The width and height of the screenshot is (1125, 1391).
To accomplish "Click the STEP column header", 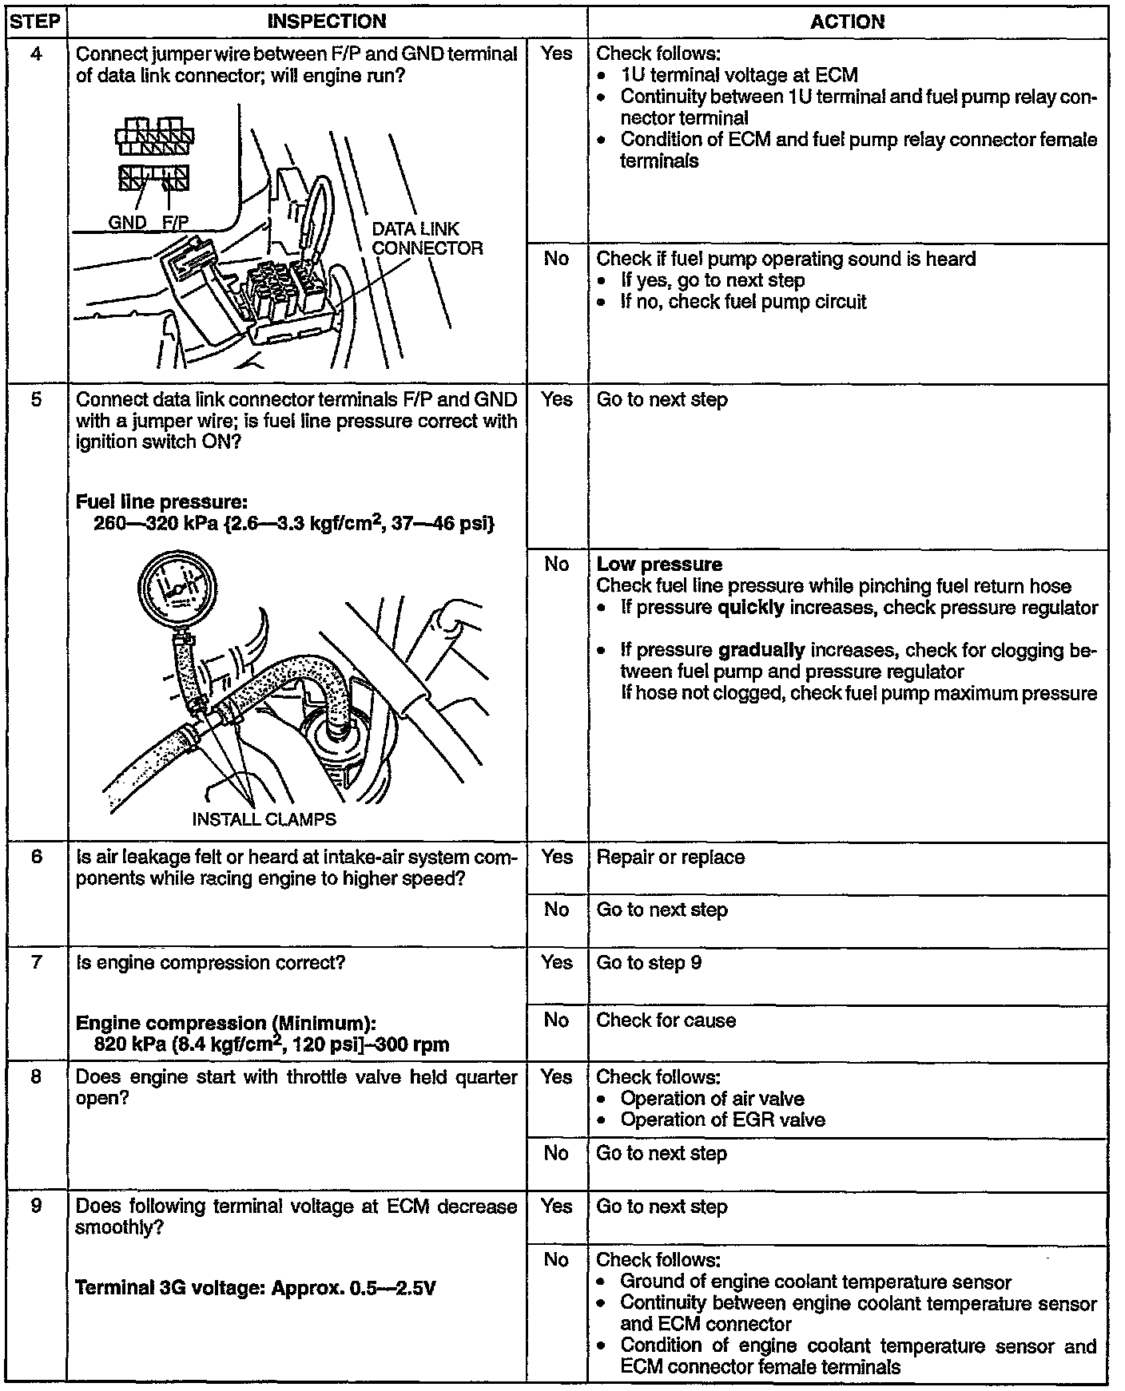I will [x=37, y=22].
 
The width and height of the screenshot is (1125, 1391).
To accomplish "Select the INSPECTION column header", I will [x=327, y=22].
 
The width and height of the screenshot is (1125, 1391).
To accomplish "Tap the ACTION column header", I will [x=847, y=22].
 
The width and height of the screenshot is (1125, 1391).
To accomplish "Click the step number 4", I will [x=37, y=54].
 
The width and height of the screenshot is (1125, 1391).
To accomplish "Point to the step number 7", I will [x=37, y=962].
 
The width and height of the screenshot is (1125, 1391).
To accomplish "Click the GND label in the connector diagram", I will [x=127, y=223].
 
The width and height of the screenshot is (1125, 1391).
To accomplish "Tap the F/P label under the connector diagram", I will [x=175, y=223].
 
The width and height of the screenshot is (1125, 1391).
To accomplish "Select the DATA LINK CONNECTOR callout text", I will [x=427, y=239].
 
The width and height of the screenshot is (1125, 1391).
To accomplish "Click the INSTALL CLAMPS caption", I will [x=264, y=819].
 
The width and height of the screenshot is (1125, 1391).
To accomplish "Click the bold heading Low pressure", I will [x=659, y=565].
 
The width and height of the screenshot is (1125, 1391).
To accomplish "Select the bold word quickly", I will [x=751, y=608].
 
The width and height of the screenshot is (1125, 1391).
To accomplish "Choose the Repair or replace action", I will [x=670, y=858].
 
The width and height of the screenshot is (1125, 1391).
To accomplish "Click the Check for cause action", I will [x=666, y=1020].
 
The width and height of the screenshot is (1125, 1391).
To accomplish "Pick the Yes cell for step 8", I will [x=556, y=1077].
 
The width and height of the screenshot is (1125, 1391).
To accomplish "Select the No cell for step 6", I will [x=556, y=909].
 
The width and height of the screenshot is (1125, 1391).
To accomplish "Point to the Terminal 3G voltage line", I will [x=255, y=1287].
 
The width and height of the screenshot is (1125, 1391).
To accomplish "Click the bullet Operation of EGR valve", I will [x=722, y=1120].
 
